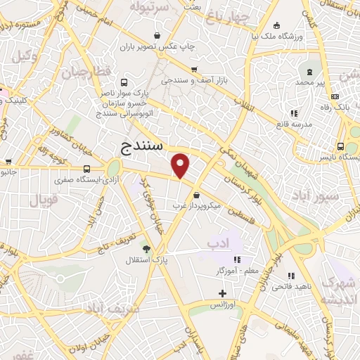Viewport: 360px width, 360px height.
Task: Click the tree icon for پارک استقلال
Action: (x=147, y=249)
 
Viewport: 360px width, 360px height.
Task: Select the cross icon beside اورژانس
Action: (x=223, y=293)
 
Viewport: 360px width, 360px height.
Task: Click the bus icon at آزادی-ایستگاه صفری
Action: (x=87, y=169)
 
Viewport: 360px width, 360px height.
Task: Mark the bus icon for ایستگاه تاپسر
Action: (x=340, y=147)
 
